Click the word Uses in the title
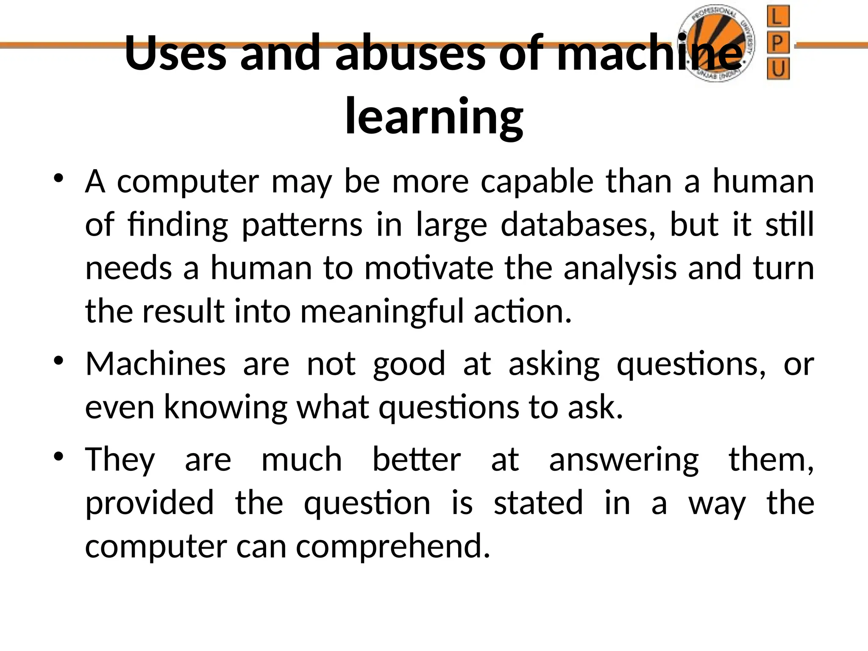tap(175, 53)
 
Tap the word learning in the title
tap(434, 116)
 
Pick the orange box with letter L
tap(778, 17)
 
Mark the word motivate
tap(428, 268)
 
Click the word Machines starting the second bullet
tap(156, 364)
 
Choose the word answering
tap(623, 460)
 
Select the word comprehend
tap(393, 547)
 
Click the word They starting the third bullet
tap(120, 460)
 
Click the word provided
tap(149, 504)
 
